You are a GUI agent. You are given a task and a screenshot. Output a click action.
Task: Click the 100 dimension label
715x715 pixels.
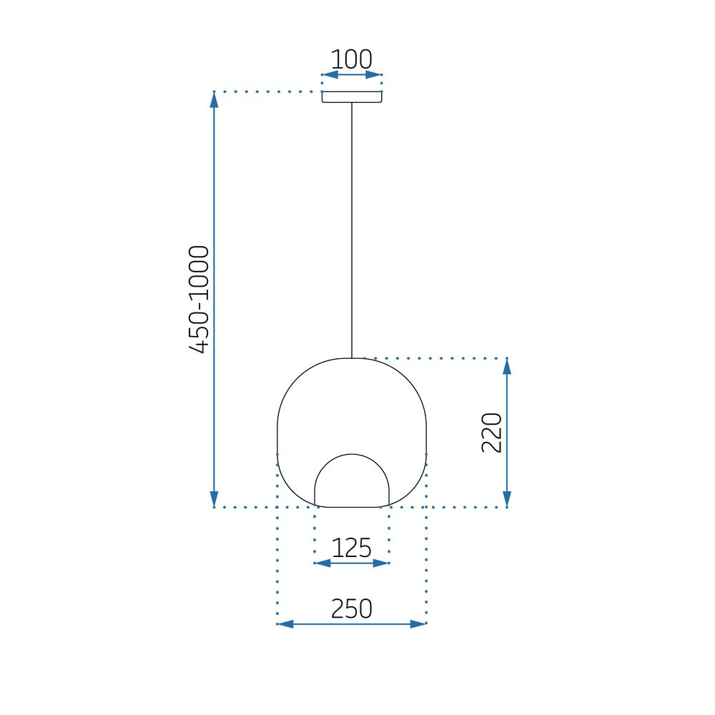351,59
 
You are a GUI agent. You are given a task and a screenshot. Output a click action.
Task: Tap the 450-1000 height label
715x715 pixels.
199,299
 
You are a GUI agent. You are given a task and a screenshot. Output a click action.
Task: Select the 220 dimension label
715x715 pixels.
492,432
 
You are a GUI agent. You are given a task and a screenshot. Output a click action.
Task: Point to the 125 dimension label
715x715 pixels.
352,548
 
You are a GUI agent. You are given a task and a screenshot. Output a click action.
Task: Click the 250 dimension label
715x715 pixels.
352,608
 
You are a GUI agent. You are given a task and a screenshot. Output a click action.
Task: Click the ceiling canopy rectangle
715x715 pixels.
352,97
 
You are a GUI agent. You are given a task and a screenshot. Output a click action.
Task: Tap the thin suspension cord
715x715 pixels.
352,229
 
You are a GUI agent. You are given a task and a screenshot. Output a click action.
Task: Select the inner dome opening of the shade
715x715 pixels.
352,483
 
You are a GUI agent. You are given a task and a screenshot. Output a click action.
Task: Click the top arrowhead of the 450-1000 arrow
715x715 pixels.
214,99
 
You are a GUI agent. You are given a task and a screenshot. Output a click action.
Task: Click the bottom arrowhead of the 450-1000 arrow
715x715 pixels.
214,499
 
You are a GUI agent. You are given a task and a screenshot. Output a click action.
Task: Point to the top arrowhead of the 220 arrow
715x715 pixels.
507,366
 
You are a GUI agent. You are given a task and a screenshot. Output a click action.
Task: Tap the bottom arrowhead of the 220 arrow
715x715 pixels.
507,499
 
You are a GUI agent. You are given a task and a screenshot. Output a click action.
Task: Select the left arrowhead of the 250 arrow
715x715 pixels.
285,624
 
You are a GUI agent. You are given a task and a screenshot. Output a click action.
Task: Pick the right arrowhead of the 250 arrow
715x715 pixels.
418,624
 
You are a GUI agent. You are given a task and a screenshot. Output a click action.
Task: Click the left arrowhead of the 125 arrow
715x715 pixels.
322,563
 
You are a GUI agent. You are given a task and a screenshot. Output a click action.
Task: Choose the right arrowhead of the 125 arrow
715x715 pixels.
382,563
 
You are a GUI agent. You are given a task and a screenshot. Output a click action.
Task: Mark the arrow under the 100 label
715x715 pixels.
352,74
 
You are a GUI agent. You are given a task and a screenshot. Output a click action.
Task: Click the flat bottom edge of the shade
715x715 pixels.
352,507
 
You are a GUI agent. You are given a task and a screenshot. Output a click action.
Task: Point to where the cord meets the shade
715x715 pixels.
352,357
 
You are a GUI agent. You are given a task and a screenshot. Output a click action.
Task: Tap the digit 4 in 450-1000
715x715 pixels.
199,345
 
